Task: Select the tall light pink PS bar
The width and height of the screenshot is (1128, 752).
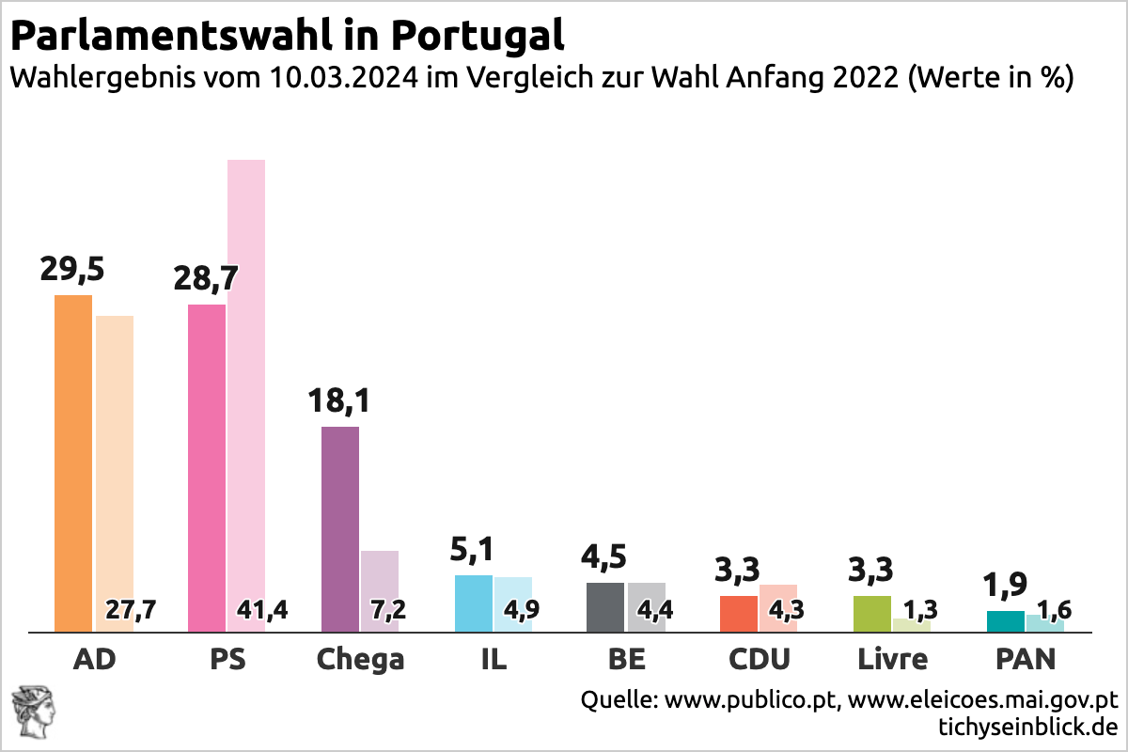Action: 246,376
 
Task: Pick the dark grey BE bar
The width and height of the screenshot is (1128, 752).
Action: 605,607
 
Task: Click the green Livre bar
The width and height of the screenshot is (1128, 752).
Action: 872,613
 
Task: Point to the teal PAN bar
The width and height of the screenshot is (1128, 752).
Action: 1006,621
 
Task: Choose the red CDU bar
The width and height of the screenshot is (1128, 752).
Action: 739,613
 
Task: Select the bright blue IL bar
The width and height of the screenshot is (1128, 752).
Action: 474,603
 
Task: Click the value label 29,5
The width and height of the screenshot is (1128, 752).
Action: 72,270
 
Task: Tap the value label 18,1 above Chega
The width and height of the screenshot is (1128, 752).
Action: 339,401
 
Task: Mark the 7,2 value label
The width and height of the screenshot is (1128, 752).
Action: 387,610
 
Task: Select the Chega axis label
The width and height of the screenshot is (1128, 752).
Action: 360,659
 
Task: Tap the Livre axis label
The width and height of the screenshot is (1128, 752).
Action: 892,659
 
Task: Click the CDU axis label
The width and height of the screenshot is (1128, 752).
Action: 760,659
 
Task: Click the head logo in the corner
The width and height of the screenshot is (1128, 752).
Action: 30,712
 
